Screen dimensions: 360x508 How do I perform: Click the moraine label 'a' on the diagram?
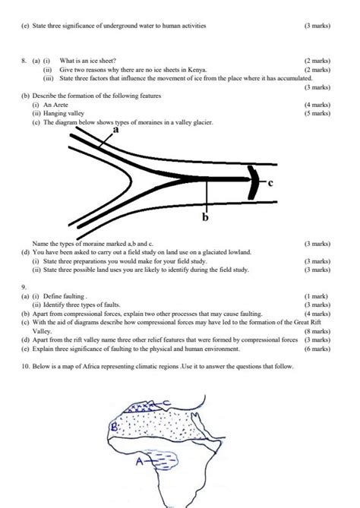pyautogui.click(x=115, y=130)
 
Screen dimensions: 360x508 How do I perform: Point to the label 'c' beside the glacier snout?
pyautogui.click(x=271, y=184)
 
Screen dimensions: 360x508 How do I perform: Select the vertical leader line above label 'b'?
pyautogui.click(x=204, y=198)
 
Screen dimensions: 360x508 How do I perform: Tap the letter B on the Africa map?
pyautogui.click(x=115, y=427)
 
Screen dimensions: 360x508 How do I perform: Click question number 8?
pyautogui.click(x=24, y=58)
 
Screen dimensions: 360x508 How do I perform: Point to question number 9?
pyautogui.click(x=24, y=288)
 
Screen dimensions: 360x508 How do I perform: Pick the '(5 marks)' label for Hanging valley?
pyautogui.click(x=316, y=113)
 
